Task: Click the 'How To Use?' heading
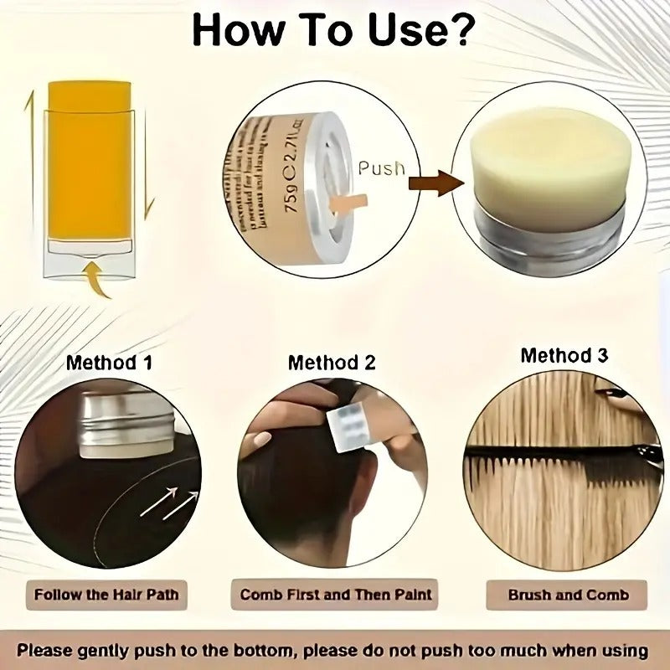(333, 30)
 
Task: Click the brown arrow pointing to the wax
(436, 182)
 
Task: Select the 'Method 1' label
(109, 363)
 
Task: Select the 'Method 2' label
(332, 363)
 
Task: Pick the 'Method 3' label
(564, 355)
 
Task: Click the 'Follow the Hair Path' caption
(106, 595)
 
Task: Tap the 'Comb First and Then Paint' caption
(336, 595)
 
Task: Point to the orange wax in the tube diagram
(90, 159)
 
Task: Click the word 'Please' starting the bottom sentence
(53, 649)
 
